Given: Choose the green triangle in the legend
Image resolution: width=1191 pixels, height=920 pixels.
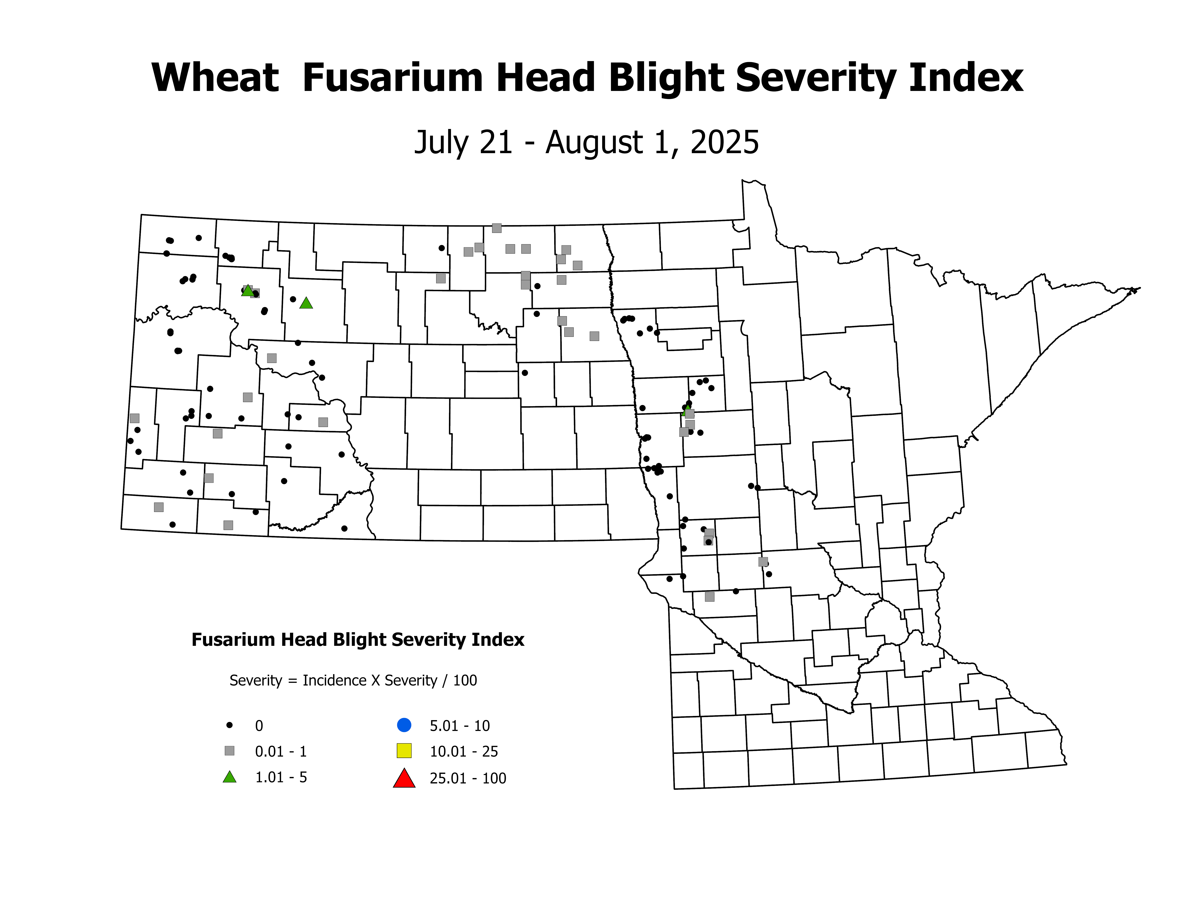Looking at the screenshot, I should click(230, 778).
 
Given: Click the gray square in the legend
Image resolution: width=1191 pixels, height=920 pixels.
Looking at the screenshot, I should click(230, 751).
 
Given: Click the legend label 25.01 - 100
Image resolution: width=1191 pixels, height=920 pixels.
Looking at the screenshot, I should click(468, 778).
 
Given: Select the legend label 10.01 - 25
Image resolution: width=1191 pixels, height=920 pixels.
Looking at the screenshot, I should click(464, 752).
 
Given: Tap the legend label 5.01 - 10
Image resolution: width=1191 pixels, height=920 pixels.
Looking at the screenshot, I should click(460, 726).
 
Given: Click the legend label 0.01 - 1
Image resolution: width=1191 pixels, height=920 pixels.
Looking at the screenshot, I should click(281, 752).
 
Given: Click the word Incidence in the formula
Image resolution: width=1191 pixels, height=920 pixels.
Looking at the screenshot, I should click(334, 681).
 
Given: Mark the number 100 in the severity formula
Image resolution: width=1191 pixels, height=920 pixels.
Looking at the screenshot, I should click(465, 681).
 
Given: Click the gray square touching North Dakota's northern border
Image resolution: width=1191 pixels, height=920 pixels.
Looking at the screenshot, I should click(496, 228).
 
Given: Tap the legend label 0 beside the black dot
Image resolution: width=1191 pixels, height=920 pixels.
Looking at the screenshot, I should click(259, 726).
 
